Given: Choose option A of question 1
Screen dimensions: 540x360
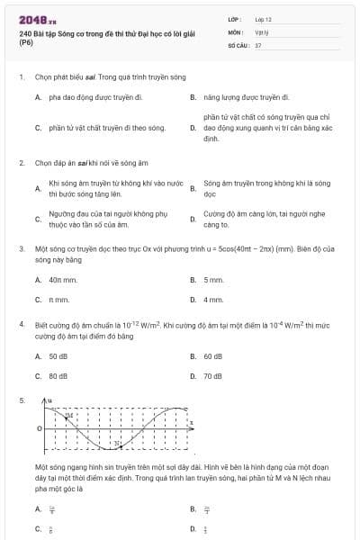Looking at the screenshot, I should point(89,96).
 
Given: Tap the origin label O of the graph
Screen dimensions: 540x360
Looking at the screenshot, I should point(38,428).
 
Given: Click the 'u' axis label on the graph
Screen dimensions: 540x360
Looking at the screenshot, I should point(50,400).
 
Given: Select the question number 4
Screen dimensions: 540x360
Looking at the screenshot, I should point(21,321).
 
